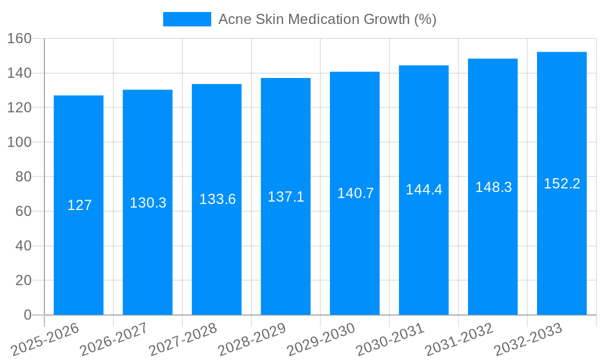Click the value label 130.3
148,203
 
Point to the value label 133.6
217,199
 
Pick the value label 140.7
355,193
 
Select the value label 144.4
424,190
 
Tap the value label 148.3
493,187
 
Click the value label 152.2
562,184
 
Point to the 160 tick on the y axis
19,38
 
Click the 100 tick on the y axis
19,142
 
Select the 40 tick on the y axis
23,246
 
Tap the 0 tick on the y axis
27,315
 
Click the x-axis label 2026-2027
113,340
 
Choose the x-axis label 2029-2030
320,340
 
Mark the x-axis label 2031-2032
458,340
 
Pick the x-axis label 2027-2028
182,340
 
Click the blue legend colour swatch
187,19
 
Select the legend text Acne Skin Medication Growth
327,19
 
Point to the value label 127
79,205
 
